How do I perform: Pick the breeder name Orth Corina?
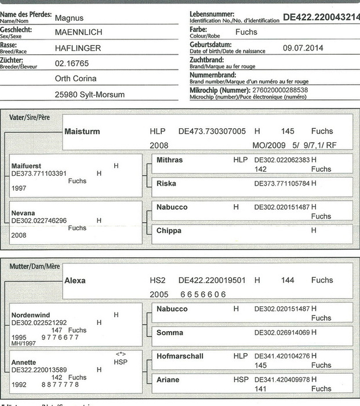75,78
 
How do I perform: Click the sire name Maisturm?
82,132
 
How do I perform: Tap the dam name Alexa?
75,280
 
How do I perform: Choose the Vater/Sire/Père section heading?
30,117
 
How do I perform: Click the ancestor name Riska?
166,183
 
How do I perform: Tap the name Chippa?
169,230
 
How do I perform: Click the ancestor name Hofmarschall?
180,356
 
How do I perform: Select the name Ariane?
168,380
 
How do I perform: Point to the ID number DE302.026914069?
282,332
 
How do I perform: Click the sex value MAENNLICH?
79,33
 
